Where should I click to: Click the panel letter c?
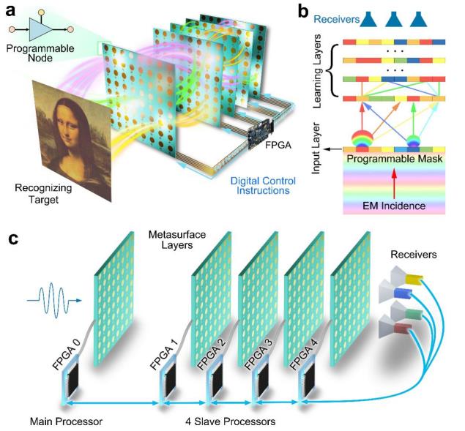point(12,240)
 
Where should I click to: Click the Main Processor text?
point(65,421)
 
